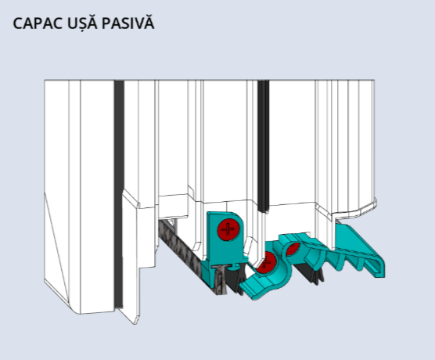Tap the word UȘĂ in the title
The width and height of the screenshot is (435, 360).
[82, 23]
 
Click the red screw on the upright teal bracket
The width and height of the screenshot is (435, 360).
[228, 229]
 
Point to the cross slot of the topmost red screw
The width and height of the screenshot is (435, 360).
[228, 229]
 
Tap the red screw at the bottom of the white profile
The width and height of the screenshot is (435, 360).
[266, 262]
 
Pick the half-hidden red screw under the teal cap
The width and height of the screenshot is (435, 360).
[293, 249]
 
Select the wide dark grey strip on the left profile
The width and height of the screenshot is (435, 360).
[119, 194]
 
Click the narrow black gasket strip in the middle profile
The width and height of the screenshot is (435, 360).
[264, 146]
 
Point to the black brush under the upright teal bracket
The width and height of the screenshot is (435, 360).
[235, 278]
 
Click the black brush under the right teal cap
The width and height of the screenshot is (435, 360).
[309, 273]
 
